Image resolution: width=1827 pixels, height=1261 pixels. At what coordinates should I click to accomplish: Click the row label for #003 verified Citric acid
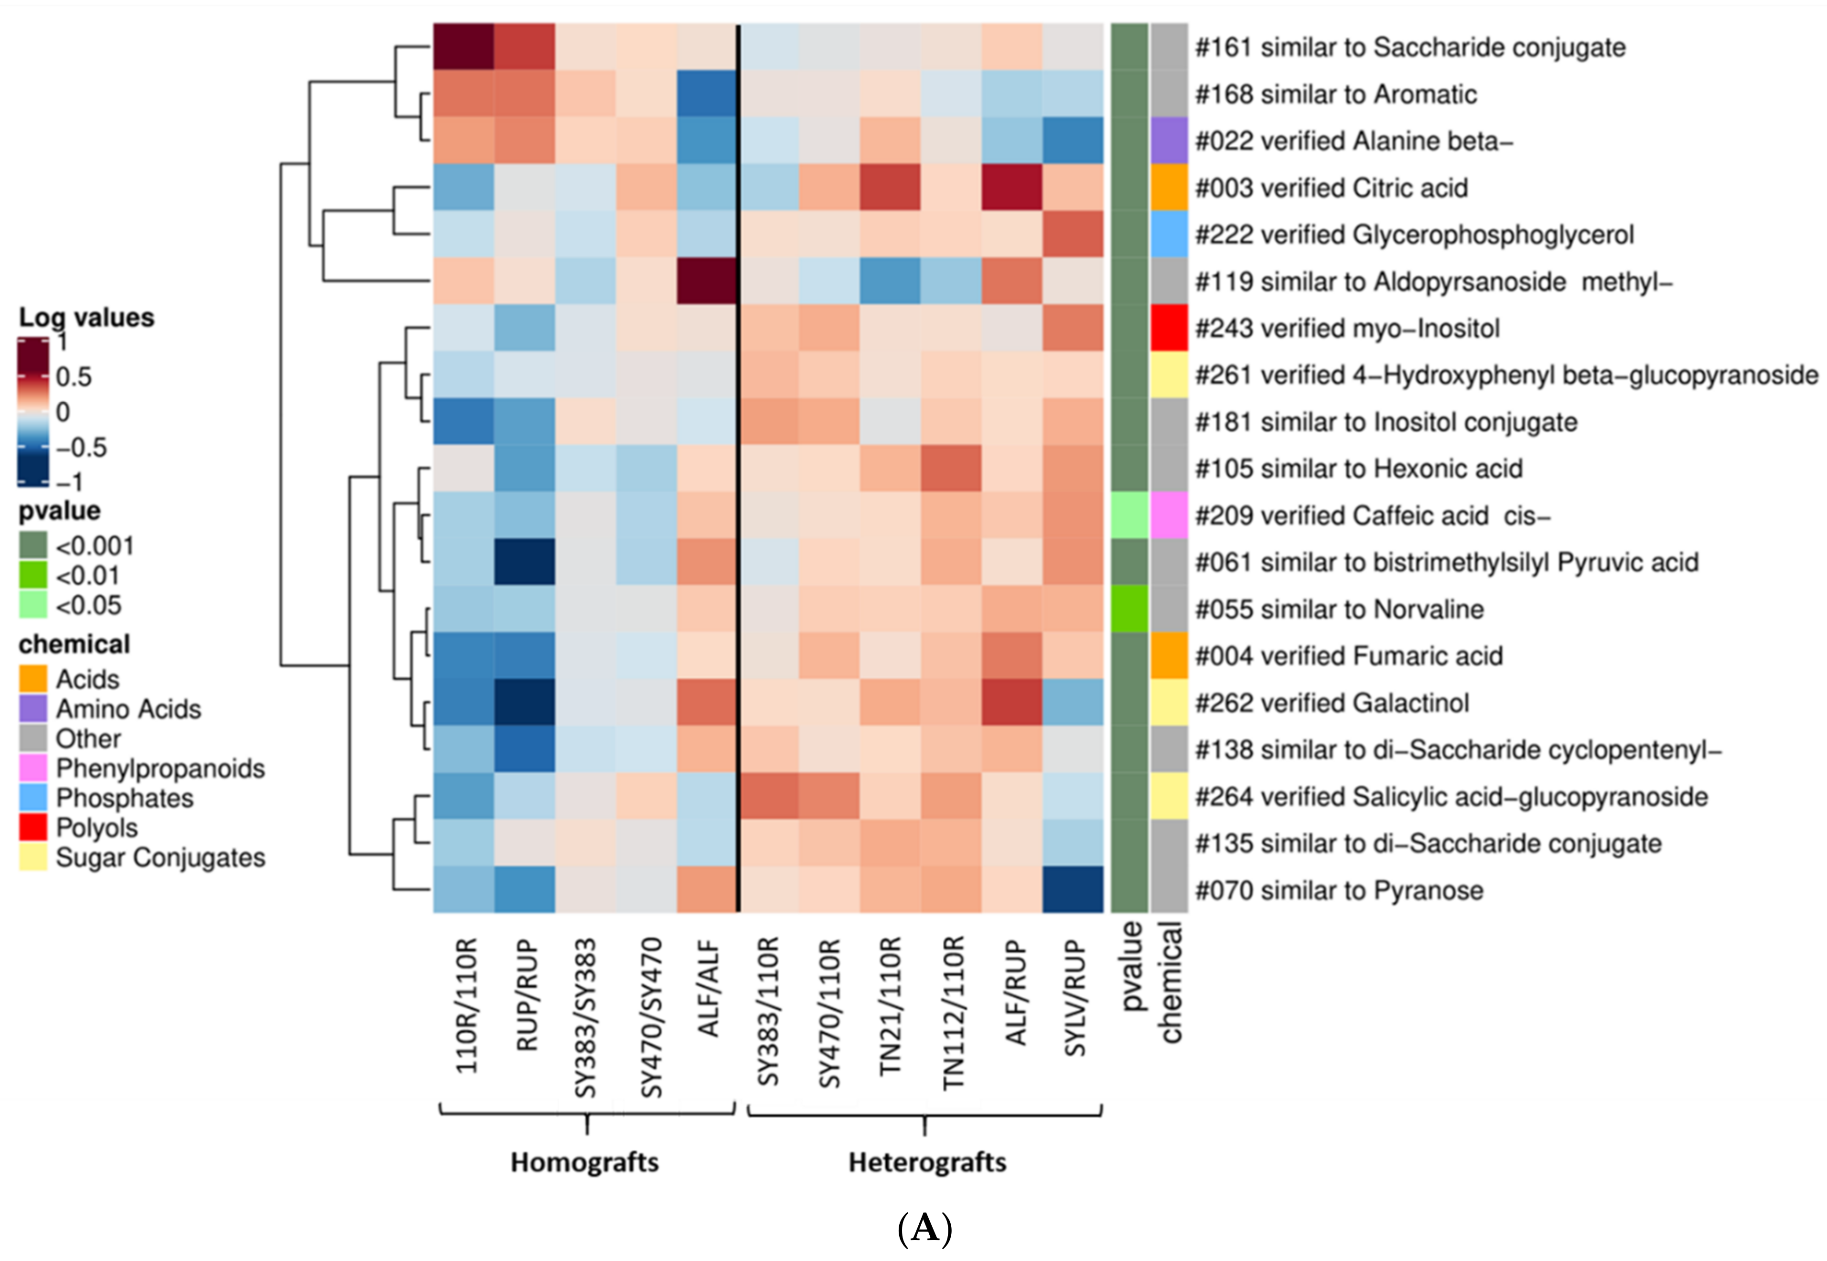pos(1331,188)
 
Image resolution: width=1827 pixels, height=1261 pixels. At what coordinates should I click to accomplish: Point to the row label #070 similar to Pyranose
pos(1339,890)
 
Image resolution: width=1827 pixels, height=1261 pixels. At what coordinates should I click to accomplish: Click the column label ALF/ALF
pos(708,988)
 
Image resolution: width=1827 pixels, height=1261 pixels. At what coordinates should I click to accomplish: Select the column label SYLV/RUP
pos(1075,997)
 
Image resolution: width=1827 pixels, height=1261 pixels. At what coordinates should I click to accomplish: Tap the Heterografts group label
pos(927,1162)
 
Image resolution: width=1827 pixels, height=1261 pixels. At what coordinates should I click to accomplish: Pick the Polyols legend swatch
pos(33,827)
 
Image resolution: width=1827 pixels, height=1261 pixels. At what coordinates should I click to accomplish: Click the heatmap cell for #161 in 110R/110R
pos(464,47)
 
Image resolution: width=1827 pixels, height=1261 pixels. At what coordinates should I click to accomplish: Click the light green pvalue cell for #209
pos(1129,515)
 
